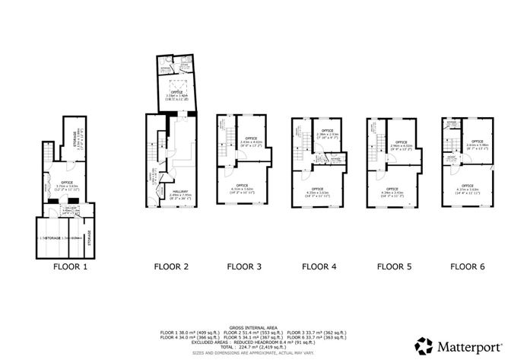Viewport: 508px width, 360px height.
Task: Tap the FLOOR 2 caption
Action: coord(172,267)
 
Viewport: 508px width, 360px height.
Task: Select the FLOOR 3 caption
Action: coord(244,267)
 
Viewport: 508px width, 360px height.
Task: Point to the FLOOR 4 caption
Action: coord(319,267)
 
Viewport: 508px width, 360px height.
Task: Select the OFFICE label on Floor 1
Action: coord(67,182)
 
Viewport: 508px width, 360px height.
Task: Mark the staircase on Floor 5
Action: coord(375,140)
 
